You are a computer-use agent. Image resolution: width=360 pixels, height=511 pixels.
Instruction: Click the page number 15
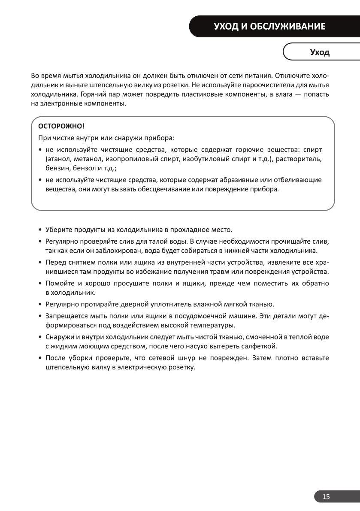[x=326, y=497]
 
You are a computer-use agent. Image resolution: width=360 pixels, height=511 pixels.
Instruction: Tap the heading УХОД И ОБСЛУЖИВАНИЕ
[x=270, y=27]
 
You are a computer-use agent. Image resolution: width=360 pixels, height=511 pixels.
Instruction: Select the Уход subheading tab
[x=320, y=53]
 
